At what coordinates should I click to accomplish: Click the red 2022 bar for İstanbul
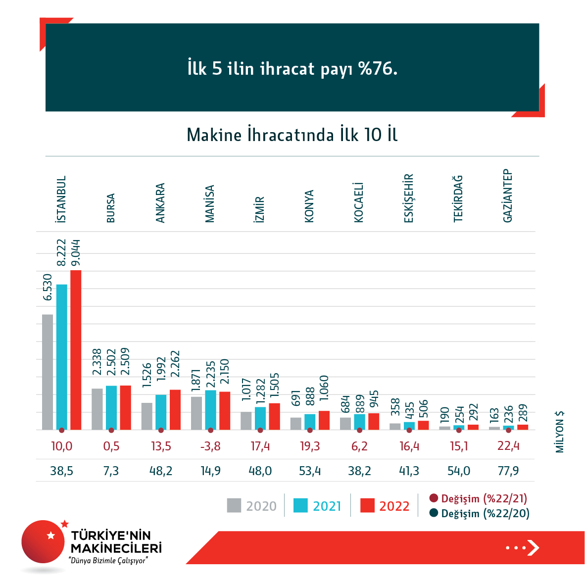[x=76, y=349]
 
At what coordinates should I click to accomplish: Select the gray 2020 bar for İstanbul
[x=48, y=372]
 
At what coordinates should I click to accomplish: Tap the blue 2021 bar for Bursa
[x=111, y=407]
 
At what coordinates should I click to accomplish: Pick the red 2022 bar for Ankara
[x=175, y=409]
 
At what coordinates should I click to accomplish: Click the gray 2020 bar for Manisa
[x=196, y=413]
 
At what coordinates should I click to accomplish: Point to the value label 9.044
[x=76, y=253]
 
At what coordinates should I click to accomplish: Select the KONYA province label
[x=309, y=206]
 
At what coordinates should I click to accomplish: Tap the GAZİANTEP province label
[x=507, y=196]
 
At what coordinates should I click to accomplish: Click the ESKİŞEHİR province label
[x=408, y=198]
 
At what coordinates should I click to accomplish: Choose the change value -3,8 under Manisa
[x=210, y=446]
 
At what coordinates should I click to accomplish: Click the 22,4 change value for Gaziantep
[x=508, y=446]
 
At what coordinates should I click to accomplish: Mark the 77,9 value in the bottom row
[x=508, y=471]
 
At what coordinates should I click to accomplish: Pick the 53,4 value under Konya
[x=310, y=471]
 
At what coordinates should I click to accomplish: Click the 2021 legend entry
[x=318, y=506]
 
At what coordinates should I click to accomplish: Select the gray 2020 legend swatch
[x=234, y=505]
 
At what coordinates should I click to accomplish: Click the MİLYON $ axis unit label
[x=560, y=432]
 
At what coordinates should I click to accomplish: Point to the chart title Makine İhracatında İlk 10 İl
[x=292, y=135]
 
